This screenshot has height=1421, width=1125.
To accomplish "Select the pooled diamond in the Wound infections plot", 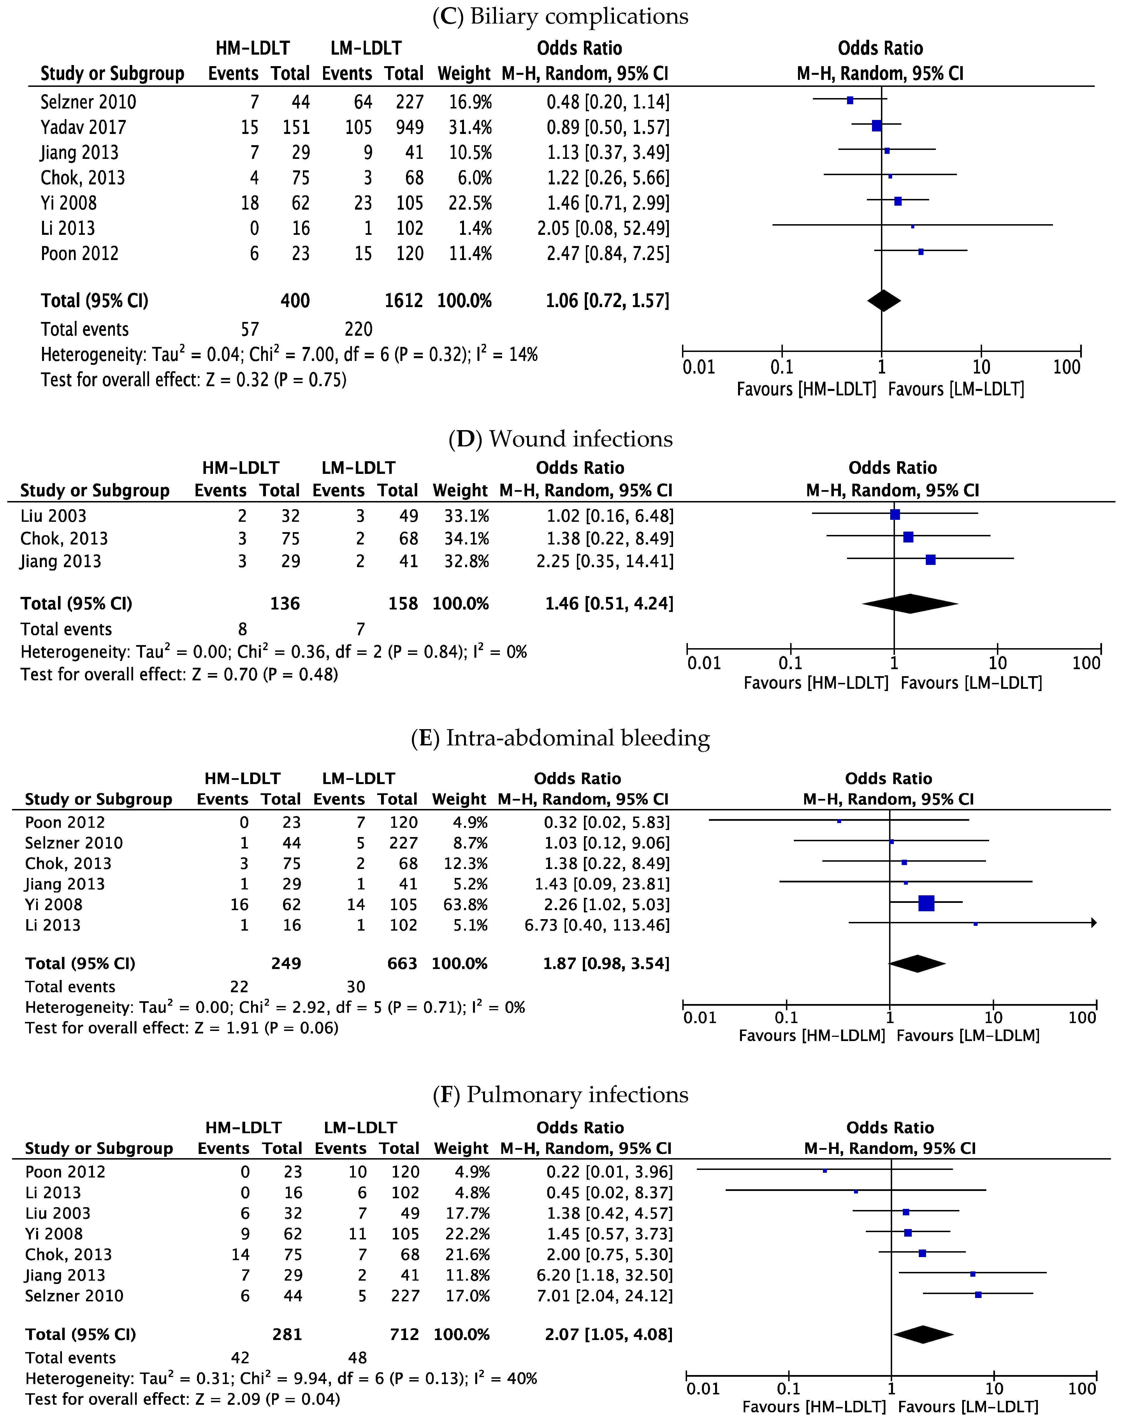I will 910,603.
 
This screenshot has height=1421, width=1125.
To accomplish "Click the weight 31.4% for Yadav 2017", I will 470,127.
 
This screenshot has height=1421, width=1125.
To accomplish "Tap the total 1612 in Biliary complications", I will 404,301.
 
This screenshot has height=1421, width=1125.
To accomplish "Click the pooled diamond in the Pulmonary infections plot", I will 923,1334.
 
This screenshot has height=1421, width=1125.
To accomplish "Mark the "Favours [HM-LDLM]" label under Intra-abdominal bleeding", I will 811,1036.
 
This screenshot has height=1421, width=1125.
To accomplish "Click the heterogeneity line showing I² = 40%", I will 281,1378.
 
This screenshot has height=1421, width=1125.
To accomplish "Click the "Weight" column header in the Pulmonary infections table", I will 461,1148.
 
